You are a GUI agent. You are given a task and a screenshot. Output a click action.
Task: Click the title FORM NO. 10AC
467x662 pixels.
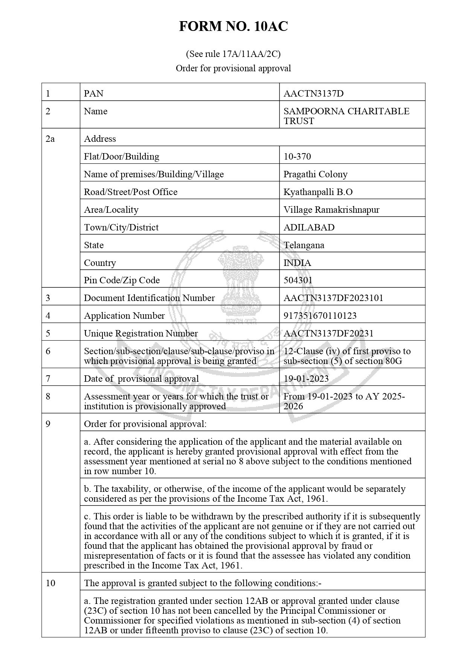click(233, 26)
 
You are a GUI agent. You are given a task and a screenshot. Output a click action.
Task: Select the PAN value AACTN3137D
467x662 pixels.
click(313, 93)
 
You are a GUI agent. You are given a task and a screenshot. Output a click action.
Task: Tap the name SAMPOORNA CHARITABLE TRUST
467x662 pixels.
click(346, 116)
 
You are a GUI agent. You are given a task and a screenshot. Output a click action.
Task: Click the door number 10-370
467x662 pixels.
click(297, 156)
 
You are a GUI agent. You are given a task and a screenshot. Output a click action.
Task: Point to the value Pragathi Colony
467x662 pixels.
click(315, 174)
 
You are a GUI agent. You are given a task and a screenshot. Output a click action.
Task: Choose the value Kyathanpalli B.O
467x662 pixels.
click(318, 192)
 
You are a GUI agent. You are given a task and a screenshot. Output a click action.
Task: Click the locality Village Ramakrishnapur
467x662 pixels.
click(331, 209)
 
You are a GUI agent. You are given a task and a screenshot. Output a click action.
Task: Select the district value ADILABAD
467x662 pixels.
click(309, 227)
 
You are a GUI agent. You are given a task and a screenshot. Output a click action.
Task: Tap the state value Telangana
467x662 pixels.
click(304, 245)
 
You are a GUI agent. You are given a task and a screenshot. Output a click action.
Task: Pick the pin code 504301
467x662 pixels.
click(298, 280)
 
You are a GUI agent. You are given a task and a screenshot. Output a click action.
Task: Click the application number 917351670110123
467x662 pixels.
click(320, 315)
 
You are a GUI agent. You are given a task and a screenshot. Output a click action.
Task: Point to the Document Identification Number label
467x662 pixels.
click(149, 298)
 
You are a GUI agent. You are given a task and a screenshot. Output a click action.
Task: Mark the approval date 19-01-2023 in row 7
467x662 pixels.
click(306, 378)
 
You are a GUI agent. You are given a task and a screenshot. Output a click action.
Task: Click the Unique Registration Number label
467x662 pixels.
click(140, 333)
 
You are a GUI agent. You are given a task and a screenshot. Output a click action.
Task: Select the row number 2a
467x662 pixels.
click(50, 138)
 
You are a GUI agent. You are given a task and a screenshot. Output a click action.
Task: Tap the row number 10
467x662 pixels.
click(50, 583)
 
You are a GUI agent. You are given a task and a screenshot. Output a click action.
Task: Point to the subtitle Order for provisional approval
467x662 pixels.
click(233, 68)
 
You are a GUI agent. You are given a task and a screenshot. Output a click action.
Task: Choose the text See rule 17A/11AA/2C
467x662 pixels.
click(233, 54)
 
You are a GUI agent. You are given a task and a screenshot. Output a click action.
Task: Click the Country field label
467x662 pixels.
click(100, 263)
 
